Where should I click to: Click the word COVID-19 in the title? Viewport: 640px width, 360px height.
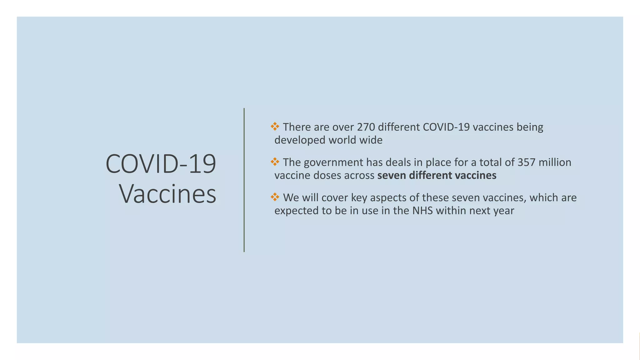point(161,164)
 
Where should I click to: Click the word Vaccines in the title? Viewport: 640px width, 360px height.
point(167,194)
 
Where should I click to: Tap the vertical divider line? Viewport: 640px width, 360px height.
point(244,180)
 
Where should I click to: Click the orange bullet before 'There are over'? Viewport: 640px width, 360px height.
point(275,127)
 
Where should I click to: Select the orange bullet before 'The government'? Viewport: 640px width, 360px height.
point(275,162)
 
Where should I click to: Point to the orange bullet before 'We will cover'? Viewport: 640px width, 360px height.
point(275,197)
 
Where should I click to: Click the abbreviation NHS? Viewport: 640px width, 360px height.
point(422,211)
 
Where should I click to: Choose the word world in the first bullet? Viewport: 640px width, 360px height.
point(342,140)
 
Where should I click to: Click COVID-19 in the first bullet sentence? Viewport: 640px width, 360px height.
point(446,127)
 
